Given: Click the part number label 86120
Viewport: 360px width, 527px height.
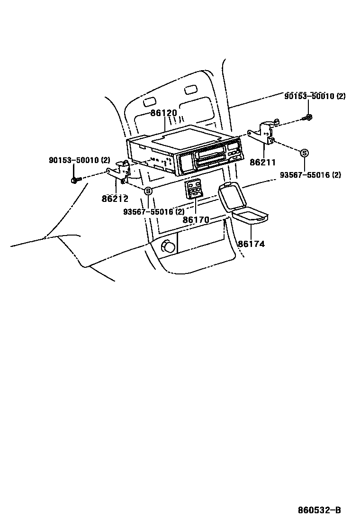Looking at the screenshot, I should [164, 114].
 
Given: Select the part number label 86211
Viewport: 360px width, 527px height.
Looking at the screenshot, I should [263, 163].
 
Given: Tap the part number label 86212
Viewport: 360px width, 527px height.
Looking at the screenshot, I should [115, 199].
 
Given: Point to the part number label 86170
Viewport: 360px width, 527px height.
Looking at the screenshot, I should [196, 220].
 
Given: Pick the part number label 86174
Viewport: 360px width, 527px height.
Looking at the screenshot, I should [251, 244].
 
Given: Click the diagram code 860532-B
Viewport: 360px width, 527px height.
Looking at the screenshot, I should [319, 510].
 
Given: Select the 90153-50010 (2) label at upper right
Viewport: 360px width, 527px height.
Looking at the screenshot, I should [315, 96].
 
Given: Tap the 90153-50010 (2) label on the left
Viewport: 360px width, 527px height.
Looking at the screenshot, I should [79, 161].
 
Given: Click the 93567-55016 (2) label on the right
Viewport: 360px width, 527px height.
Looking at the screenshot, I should [310, 175].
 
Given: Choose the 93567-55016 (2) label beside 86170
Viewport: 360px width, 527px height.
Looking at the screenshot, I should [153, 212].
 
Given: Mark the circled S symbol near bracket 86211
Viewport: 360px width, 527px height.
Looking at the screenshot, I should [305, 153].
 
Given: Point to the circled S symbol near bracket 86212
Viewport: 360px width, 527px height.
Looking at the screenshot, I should [148, 191].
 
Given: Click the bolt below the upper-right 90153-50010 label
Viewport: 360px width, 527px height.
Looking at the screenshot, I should [308, 118].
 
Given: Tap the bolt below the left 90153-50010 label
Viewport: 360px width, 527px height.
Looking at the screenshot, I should [75, 180].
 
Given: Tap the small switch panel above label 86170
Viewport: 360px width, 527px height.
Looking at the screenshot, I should [195, 189].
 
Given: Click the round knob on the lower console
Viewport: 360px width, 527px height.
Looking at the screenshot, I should [168, 246].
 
